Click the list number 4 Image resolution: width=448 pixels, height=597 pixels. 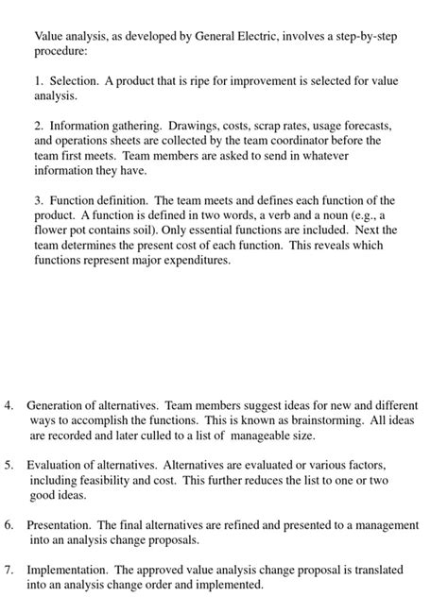pos(9,406)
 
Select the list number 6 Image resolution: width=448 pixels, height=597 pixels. pos(9,525)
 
